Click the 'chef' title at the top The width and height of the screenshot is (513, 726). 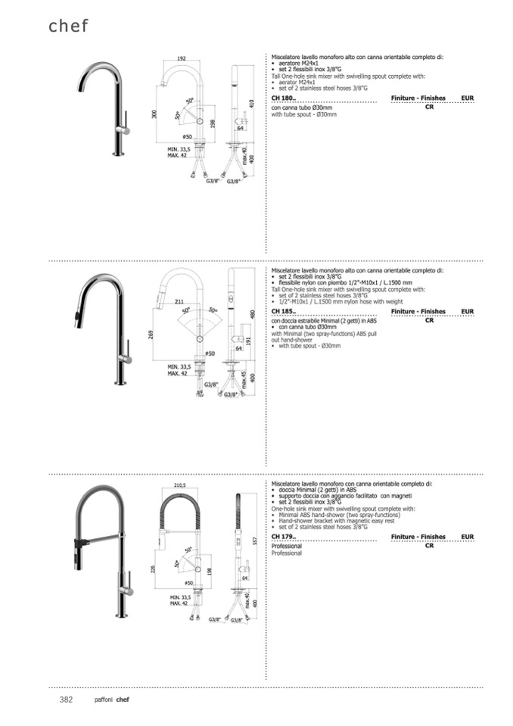pos(68,26)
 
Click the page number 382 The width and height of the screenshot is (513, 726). pos(66,700)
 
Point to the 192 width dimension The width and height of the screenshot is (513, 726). pos(182,59)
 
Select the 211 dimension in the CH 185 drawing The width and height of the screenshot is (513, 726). pos(179,303)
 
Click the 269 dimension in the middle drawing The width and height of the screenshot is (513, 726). pos(152,334)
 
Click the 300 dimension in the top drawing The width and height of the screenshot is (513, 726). pos(154,114)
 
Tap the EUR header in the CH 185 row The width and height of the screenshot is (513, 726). pos(467,312)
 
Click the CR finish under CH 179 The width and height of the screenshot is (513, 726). pos(429,545)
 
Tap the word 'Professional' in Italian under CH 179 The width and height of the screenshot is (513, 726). pos(287,545)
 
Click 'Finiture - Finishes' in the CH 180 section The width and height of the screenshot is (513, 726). pos(418,99)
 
